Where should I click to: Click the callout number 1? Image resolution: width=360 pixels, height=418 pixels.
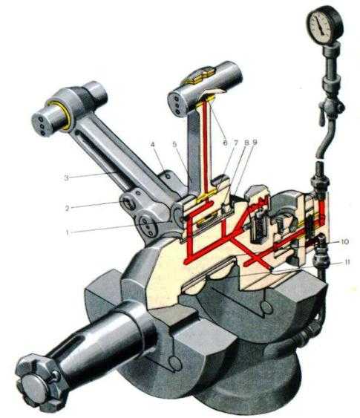(x=68, y=232)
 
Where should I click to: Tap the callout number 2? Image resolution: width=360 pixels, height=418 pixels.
(x=68, y=208)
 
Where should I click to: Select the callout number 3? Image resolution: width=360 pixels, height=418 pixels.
(x=66, y=178)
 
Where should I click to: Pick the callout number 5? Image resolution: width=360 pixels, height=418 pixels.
(x=174, y=145)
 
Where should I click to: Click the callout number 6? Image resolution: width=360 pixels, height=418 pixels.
(x=225, y=143)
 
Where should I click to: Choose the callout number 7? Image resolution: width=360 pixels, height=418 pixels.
(x=235, y=143)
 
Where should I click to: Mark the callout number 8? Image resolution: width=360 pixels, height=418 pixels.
(x=246, y=143)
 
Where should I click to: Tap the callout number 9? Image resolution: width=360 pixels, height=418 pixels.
(x=255, y=143)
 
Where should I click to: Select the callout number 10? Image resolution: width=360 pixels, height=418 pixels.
(x=345, y=242)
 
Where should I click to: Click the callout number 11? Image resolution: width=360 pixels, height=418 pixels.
(x=347, y=263)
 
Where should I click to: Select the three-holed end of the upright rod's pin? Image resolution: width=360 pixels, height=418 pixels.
(x=176, y=104)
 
